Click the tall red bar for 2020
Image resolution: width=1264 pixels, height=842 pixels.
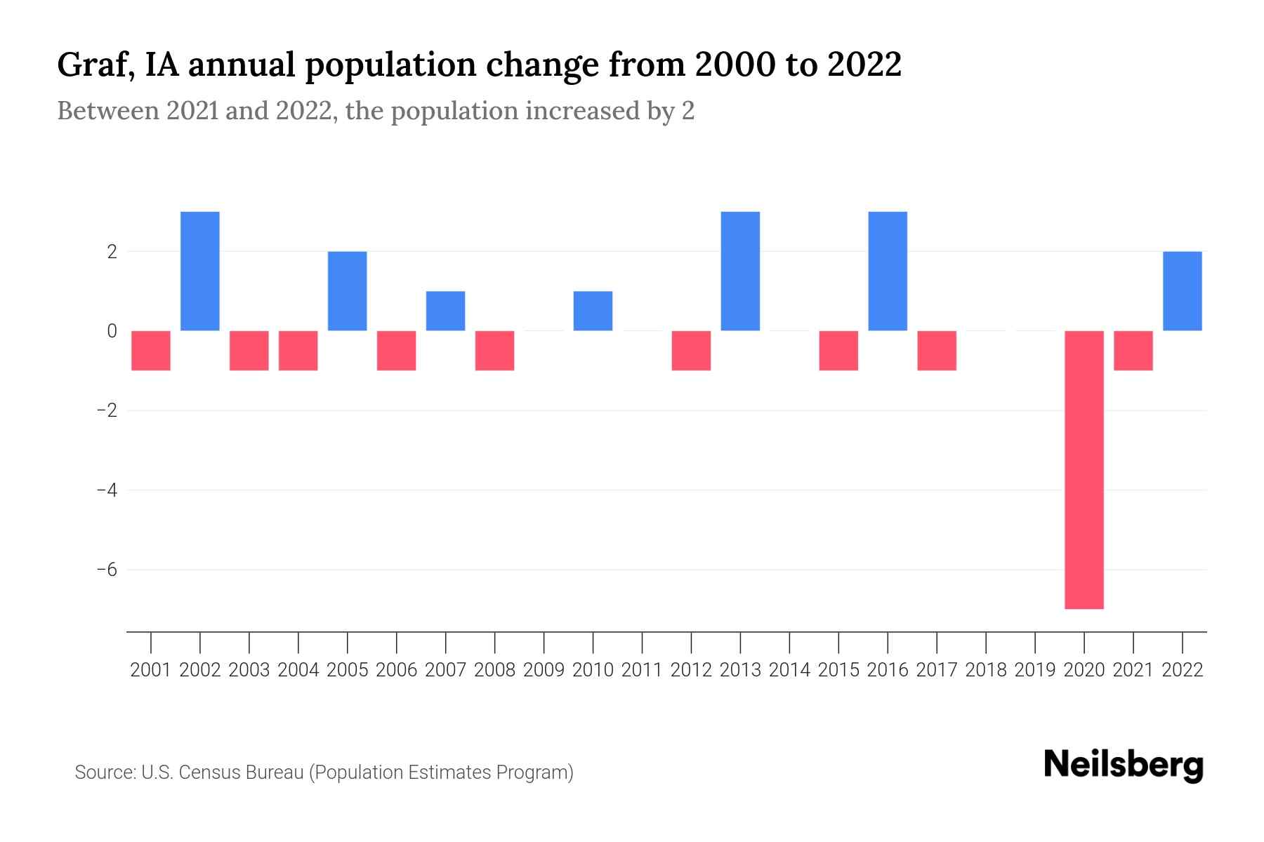(x=1084, y=469)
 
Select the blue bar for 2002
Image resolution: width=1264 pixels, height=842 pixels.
(x=200, y=271)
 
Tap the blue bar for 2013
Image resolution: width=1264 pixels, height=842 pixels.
(x=740, y=271)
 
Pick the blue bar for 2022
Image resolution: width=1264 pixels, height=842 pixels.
(x=1182, y=290)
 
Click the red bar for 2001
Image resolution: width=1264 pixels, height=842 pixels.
(x=151, y=350)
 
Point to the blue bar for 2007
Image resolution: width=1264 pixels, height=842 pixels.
(x=445, y=311)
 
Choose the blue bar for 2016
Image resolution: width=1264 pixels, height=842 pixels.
(x=888, y=271)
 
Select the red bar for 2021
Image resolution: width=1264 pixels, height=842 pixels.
(x=1133, y=350)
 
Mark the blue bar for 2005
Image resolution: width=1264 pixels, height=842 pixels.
(x=347, y=290)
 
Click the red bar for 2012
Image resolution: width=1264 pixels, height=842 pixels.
(x=691, y=350)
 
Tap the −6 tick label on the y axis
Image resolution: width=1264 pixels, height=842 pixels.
(x=107, y=569)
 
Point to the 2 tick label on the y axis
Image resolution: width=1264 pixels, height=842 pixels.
(x=112, y=251)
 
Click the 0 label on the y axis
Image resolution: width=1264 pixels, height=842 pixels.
(x=112, y=330)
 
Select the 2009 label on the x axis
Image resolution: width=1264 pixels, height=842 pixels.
(x=544, y=670)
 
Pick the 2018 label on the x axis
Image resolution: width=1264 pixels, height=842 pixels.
(x=985, y=670)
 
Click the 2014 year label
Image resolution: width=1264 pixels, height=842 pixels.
(x=789, y=670)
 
